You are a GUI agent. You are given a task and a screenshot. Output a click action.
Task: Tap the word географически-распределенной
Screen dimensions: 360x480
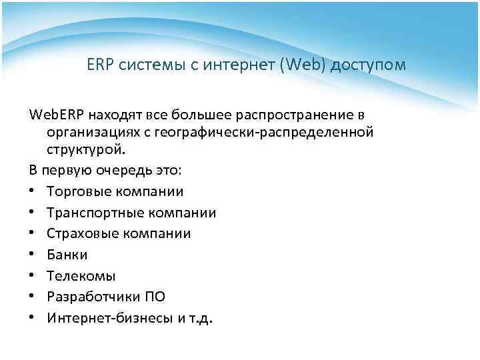point(263,132)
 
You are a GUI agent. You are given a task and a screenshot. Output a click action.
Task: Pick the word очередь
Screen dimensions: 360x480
point(113,170)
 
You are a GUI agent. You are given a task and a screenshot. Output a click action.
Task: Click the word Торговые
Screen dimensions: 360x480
point(78,191)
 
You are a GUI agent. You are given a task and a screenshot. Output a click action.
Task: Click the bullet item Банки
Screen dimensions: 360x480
point(67,255)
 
